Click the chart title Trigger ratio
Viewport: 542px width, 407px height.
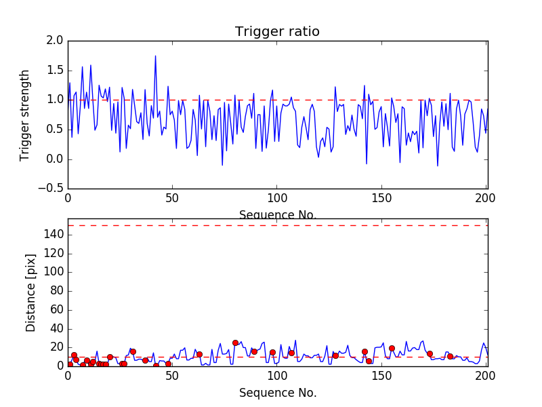(277, 32)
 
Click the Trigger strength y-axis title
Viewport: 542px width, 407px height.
(25, 115)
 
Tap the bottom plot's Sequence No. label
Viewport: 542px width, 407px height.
(277, 393)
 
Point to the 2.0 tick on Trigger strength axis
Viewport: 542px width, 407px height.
(56, 41)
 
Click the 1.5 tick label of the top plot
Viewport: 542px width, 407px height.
(56, 71)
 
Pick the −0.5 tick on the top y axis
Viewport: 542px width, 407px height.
(53, 189)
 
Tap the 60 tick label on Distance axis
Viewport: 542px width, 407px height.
(56, 309)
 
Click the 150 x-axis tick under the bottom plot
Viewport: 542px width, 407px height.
(381, 376)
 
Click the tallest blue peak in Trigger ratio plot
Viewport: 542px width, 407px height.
(155, 56)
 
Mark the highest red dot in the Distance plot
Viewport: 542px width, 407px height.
(235, 343)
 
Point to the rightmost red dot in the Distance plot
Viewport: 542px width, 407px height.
(450, 356)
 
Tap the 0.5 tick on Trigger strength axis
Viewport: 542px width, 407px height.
(56, 130)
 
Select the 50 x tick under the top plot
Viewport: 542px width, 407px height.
(172, 199)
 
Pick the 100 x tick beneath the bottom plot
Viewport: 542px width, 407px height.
(276, 376)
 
